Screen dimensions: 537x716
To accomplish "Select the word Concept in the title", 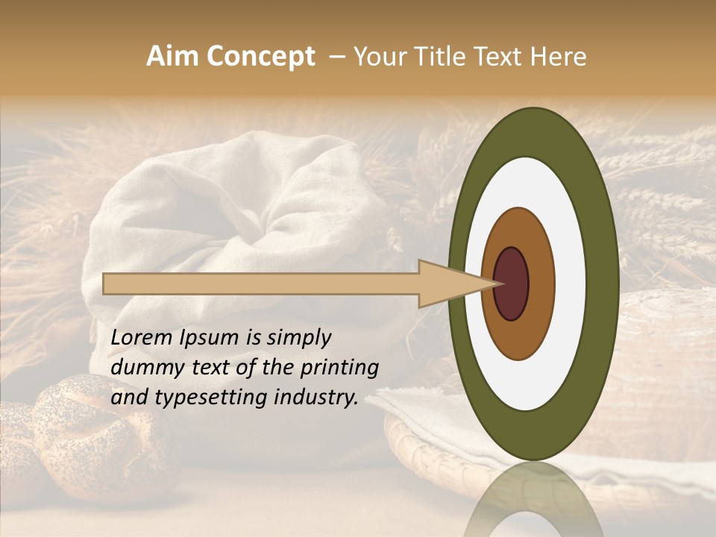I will click(260, 57).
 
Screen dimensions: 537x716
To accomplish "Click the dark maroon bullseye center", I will click(512, 283).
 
